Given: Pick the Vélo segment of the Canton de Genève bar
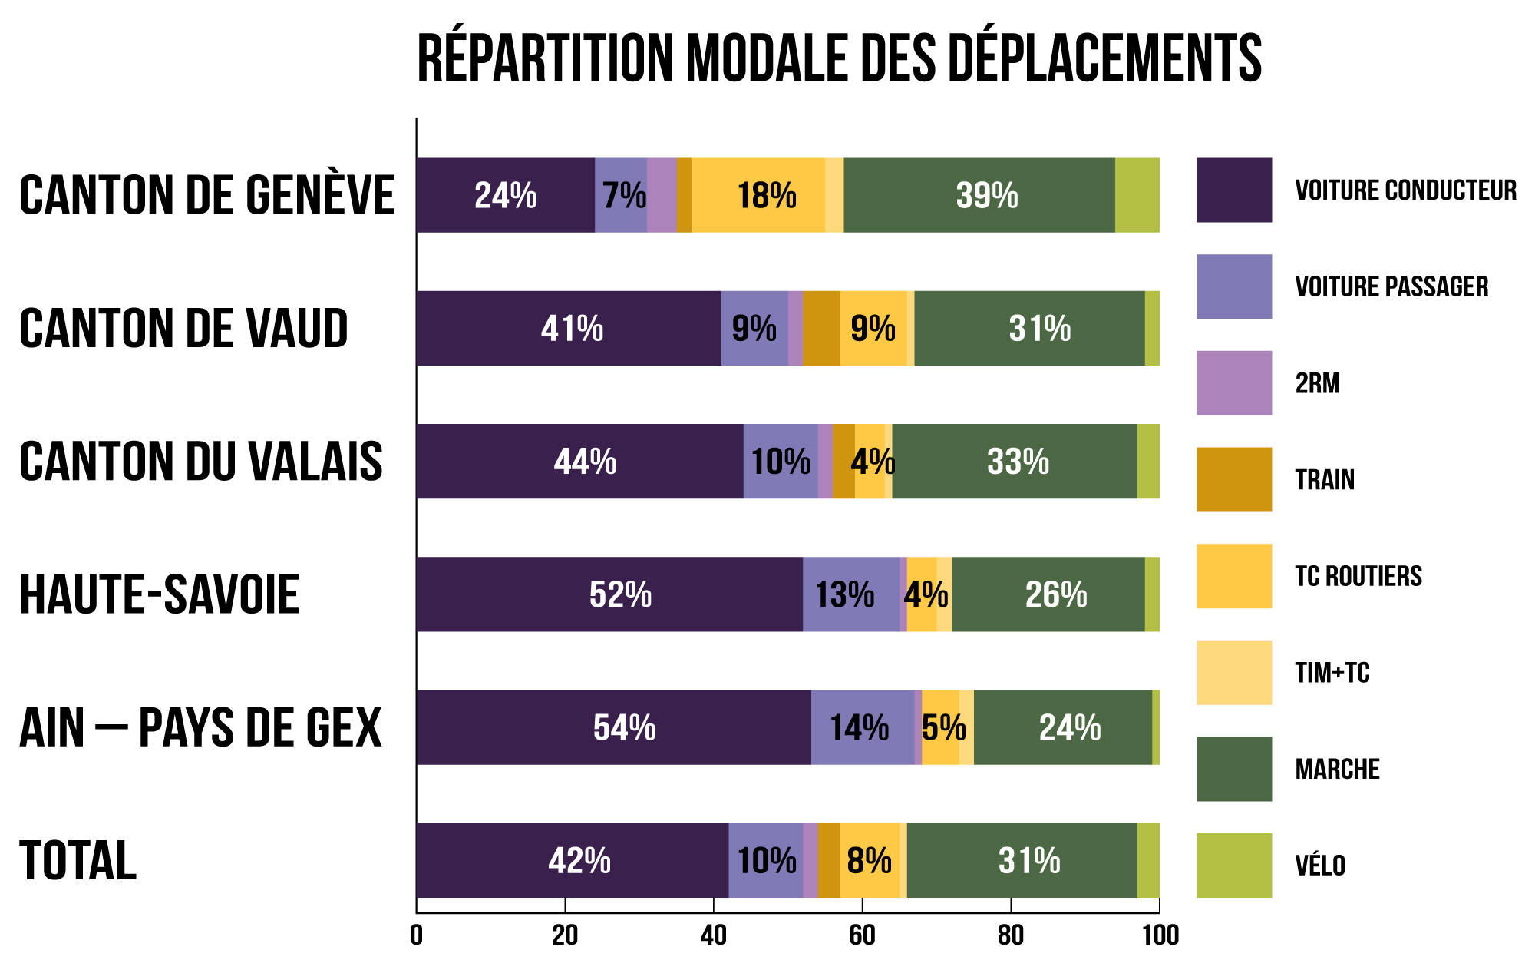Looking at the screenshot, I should (1137, 195).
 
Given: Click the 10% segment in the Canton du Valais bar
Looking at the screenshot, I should (781, 461).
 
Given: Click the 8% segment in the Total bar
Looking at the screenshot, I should (870, 860).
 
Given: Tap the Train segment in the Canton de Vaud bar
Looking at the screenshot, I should (821, 328).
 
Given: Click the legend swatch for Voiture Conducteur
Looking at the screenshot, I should (1234, 190).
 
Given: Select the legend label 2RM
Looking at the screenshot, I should (1318, 383).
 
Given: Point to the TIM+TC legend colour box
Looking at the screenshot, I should (1234, 672).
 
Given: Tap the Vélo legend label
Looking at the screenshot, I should (1320, 866).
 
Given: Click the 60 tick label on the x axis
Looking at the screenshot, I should (862, 935).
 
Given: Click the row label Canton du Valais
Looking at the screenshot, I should (201, 462).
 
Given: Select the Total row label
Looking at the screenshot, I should (78, 861).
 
